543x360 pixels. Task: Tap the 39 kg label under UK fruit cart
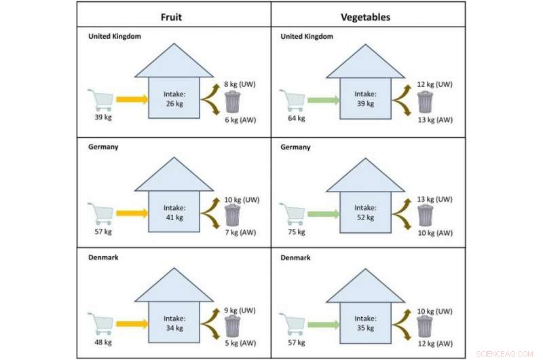[x=103, y=118]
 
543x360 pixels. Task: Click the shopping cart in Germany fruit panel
[x=102, y=213]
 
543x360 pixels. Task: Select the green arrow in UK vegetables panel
[x=324, y=101]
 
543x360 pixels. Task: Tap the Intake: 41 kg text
[x=174, y=213]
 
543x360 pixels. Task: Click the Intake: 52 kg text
[x=366, y=213]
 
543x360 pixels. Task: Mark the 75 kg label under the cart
[x=296, y=231]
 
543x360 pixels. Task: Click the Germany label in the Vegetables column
[x=295, y=147]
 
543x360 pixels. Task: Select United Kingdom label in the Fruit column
[x=115, y=36]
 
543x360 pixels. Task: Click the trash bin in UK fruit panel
[x=233, y=103]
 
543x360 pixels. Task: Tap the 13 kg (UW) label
[x=435, y=199]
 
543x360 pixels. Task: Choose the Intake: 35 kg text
[x=366, y=323]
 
